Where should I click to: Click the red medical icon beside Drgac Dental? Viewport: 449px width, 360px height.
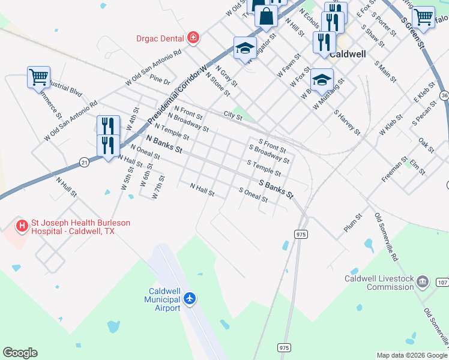[x=193, y=38]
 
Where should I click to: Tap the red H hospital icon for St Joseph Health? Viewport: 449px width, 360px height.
[x=22, y=226]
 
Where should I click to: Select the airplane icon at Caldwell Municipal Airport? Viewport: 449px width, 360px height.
[x=190, y=298]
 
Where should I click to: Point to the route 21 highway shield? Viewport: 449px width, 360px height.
[x=84, y=162]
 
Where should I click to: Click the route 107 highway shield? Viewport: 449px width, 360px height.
[x=442, y=282]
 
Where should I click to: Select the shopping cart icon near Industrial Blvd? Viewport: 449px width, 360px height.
[x=38, y=77]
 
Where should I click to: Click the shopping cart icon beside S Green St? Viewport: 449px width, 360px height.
[x=424, y=16]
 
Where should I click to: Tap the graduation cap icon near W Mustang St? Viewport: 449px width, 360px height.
[x=322, y=79]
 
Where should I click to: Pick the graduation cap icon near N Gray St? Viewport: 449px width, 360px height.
[x=245, y=48]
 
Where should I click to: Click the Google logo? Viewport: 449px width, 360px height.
[x=20, y=353]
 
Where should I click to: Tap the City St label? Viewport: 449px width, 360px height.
[x=232, y=115]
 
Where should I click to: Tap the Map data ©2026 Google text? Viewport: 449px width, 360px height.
[x=411, y=355]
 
